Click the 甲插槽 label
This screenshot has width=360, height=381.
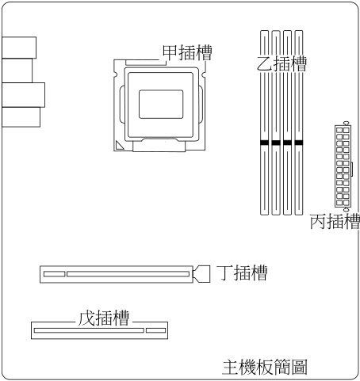[x=187, y=52]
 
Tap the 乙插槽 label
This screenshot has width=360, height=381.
[x=281, y=63]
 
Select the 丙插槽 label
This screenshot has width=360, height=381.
[x=335, y=221]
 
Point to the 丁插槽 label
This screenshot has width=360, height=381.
[x=242, y=272]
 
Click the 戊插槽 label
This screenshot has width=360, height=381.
[x=104, y=318]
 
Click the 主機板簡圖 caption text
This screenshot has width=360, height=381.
[x=265, y=367]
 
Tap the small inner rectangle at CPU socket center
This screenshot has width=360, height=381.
[x=161, y=104]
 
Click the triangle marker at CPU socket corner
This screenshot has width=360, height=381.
[x=119, y=146]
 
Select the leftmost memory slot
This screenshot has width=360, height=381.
[x=264, y=123]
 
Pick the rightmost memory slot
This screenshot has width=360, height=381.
[x=299, y=123]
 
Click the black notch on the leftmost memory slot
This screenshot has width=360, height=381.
[x=264, y=143]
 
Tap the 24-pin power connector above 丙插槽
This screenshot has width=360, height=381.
[x=343, y=166]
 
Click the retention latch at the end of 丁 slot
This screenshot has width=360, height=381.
[x=201, y=274]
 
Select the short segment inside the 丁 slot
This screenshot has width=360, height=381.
[x=55, y=274]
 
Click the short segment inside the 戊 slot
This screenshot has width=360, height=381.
[x=156, y=330]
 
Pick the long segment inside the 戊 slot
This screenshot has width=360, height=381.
[x=89, y=330]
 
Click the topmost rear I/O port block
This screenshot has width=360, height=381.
[x=19, y=48]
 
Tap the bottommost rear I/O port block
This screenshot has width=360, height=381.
[x=21, y=117]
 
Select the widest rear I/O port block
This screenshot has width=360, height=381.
[x=24, y=95]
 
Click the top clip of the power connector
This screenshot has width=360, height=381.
[x=347, y=123]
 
